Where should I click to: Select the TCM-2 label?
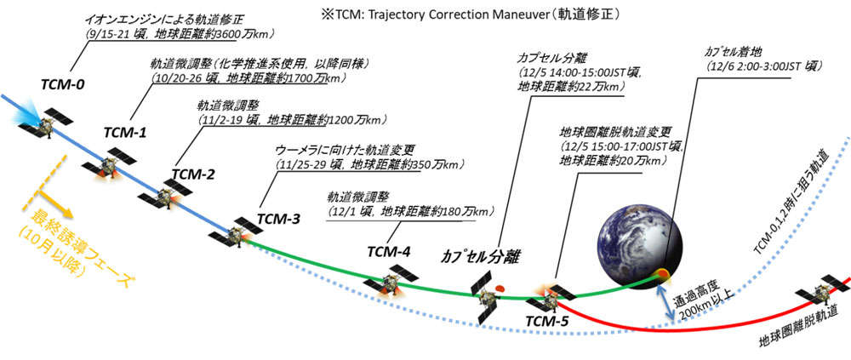192,174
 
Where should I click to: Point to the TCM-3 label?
278,218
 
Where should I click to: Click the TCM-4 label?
389,252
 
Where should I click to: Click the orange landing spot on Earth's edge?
663,274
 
